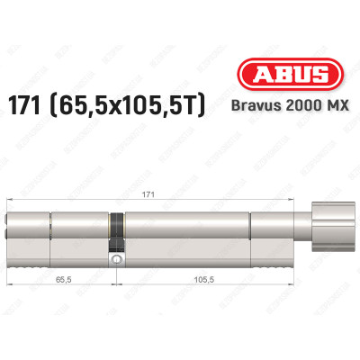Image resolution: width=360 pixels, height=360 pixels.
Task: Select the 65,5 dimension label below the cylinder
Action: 60,280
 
